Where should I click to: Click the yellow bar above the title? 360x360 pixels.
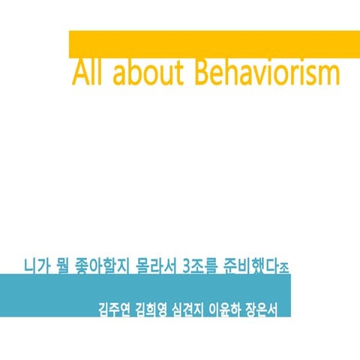pyautogui.click(x=214, y=43)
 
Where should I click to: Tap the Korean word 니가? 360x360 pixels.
pyautogui.click(x=37, y=265)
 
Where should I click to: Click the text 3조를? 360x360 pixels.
pyautogui.click(x=198, y=265)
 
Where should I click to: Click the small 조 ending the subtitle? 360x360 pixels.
pyautogui.click(x=283, y=267)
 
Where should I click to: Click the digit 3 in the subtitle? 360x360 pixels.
pyautogui.click(x=186, y=265)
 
